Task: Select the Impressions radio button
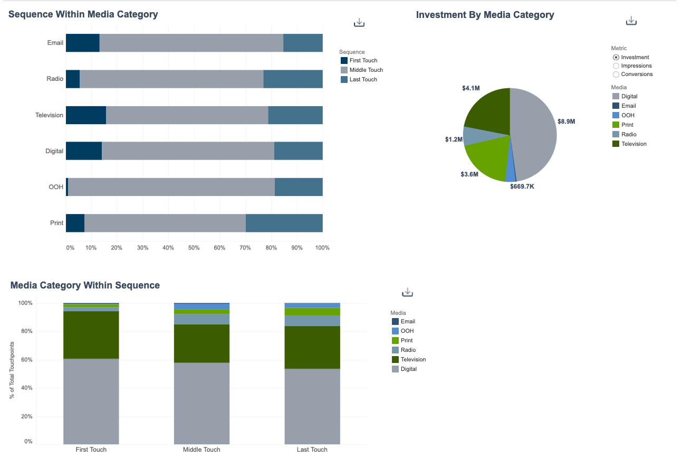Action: pos(616,66)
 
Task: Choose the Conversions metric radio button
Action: pos(616,74)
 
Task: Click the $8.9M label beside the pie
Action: pos(566,122)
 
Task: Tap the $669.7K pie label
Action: pos(522,187)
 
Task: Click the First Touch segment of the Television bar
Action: pos(85,115)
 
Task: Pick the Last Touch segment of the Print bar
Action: pos(284,223)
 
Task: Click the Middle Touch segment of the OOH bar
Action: pos(171,187)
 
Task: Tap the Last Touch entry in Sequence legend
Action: pos(363,80)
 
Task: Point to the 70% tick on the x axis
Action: pos(245,248)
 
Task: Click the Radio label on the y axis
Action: pos(55,79)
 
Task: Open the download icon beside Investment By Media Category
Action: pos(631,21)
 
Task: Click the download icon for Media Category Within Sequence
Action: pos(407,292)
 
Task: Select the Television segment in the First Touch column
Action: pos(91,335)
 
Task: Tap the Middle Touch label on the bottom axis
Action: pos(201,450)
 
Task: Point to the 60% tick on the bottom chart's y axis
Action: pos(25,360)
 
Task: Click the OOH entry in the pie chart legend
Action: pos(628,115)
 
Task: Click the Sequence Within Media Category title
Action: pos(83,15)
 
